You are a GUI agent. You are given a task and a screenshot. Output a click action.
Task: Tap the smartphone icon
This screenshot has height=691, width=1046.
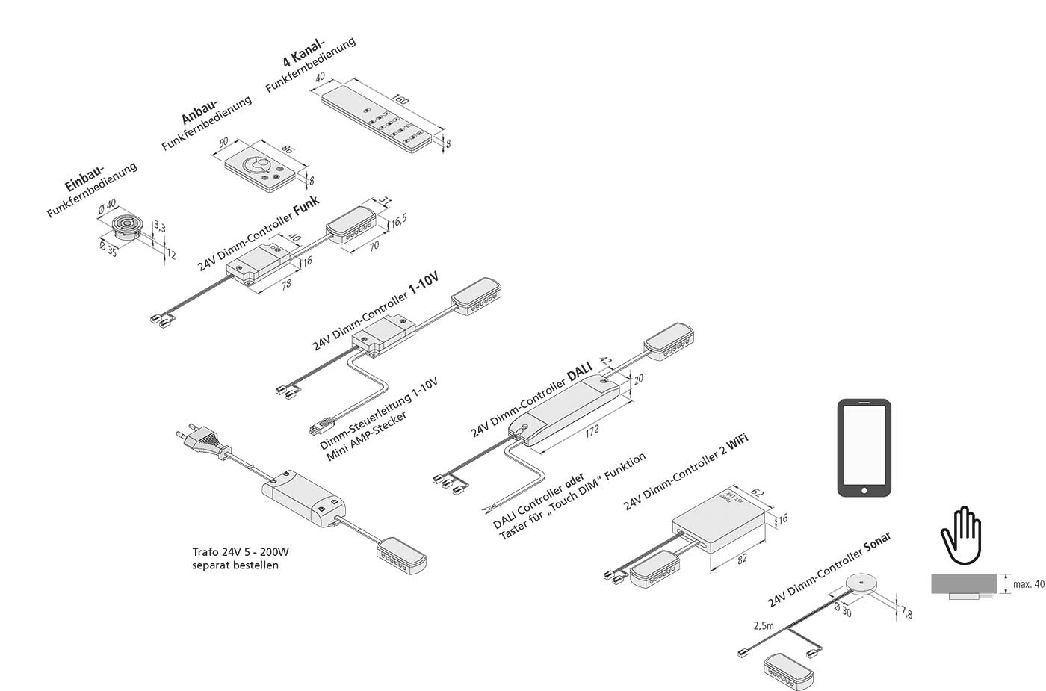coord(864,447)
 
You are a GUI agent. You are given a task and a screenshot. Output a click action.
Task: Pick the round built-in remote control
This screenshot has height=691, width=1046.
coord(125,227)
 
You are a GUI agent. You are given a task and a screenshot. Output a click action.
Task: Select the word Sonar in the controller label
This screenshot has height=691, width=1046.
coord(877,546)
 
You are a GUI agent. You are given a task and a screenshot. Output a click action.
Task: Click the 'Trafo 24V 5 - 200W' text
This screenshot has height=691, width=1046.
coord(240,553)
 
